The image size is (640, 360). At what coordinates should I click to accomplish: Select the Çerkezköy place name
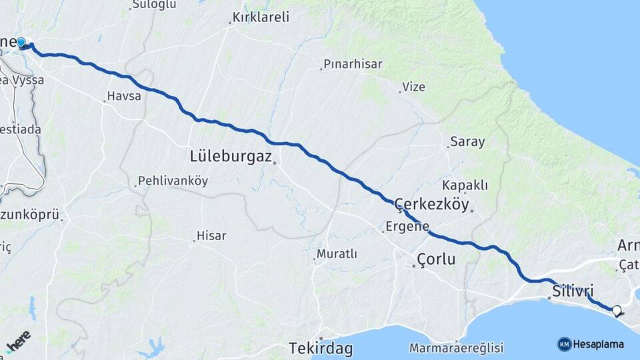click(432, 205)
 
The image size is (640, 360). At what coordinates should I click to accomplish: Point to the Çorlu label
click(436, 259)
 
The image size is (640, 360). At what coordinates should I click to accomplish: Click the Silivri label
click(573, 290)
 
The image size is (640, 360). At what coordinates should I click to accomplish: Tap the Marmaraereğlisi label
click(457, 348)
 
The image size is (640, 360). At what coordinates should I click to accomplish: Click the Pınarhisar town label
click(353, 65)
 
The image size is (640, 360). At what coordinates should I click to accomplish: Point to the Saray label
click(467, 141)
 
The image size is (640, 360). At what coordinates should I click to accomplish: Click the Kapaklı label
click(465, 185)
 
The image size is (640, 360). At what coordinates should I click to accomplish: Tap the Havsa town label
click(124, 97)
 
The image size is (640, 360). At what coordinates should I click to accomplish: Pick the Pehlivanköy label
click(173, 181)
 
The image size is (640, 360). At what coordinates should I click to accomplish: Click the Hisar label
click(211, 235)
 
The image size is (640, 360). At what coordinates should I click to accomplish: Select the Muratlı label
click(337, 254)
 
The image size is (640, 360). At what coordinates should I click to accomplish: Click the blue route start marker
click(21, 43)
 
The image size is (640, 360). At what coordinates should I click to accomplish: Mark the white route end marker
click(617, 310)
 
